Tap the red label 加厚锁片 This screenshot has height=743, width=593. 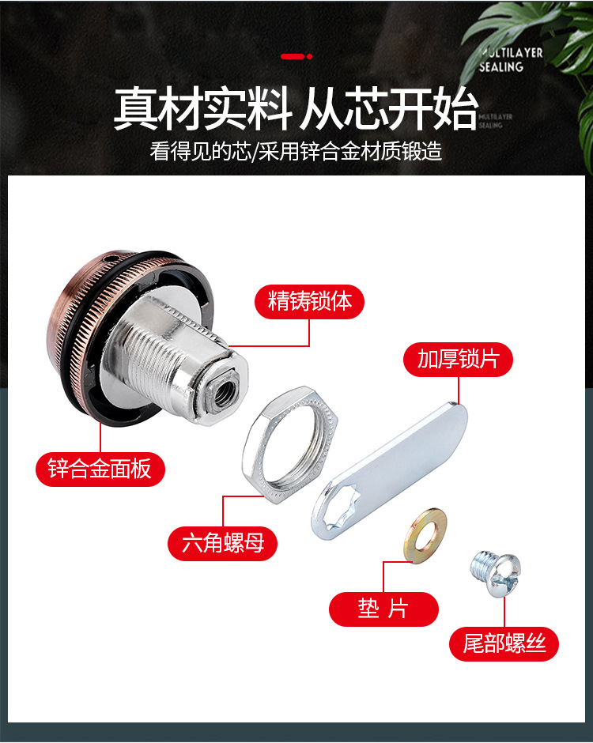[x=458, y=359]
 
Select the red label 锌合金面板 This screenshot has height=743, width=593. [x=100, y=470]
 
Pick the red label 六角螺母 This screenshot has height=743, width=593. [x=222, y=543]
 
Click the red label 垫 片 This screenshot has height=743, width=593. [x=383, y=609]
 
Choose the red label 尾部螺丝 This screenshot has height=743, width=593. [x=504, y=643]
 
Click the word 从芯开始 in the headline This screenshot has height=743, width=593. [x=388, y=110]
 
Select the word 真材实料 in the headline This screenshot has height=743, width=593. [x=202, y=110]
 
